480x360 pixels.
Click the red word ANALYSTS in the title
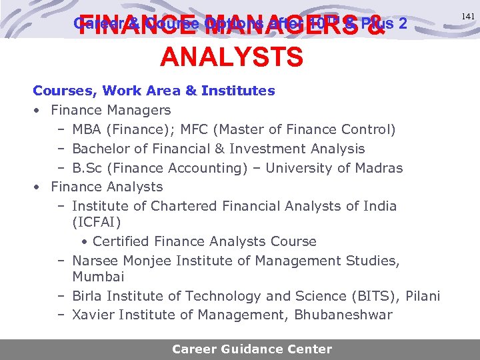click(x=231, y=57)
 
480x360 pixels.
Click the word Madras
click(x=379, y=168)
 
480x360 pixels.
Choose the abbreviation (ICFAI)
click(x=96, y=221)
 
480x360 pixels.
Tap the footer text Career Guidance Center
click(x=252, y=349)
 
